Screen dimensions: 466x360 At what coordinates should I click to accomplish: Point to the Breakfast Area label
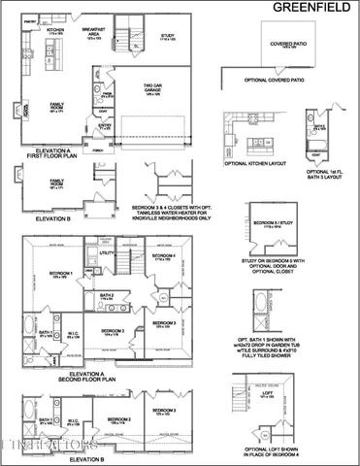click(94, 33)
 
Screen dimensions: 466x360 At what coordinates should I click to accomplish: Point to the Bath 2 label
click(107, 295)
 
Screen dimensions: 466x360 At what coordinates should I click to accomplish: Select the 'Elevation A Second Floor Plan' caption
click(87, 377)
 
